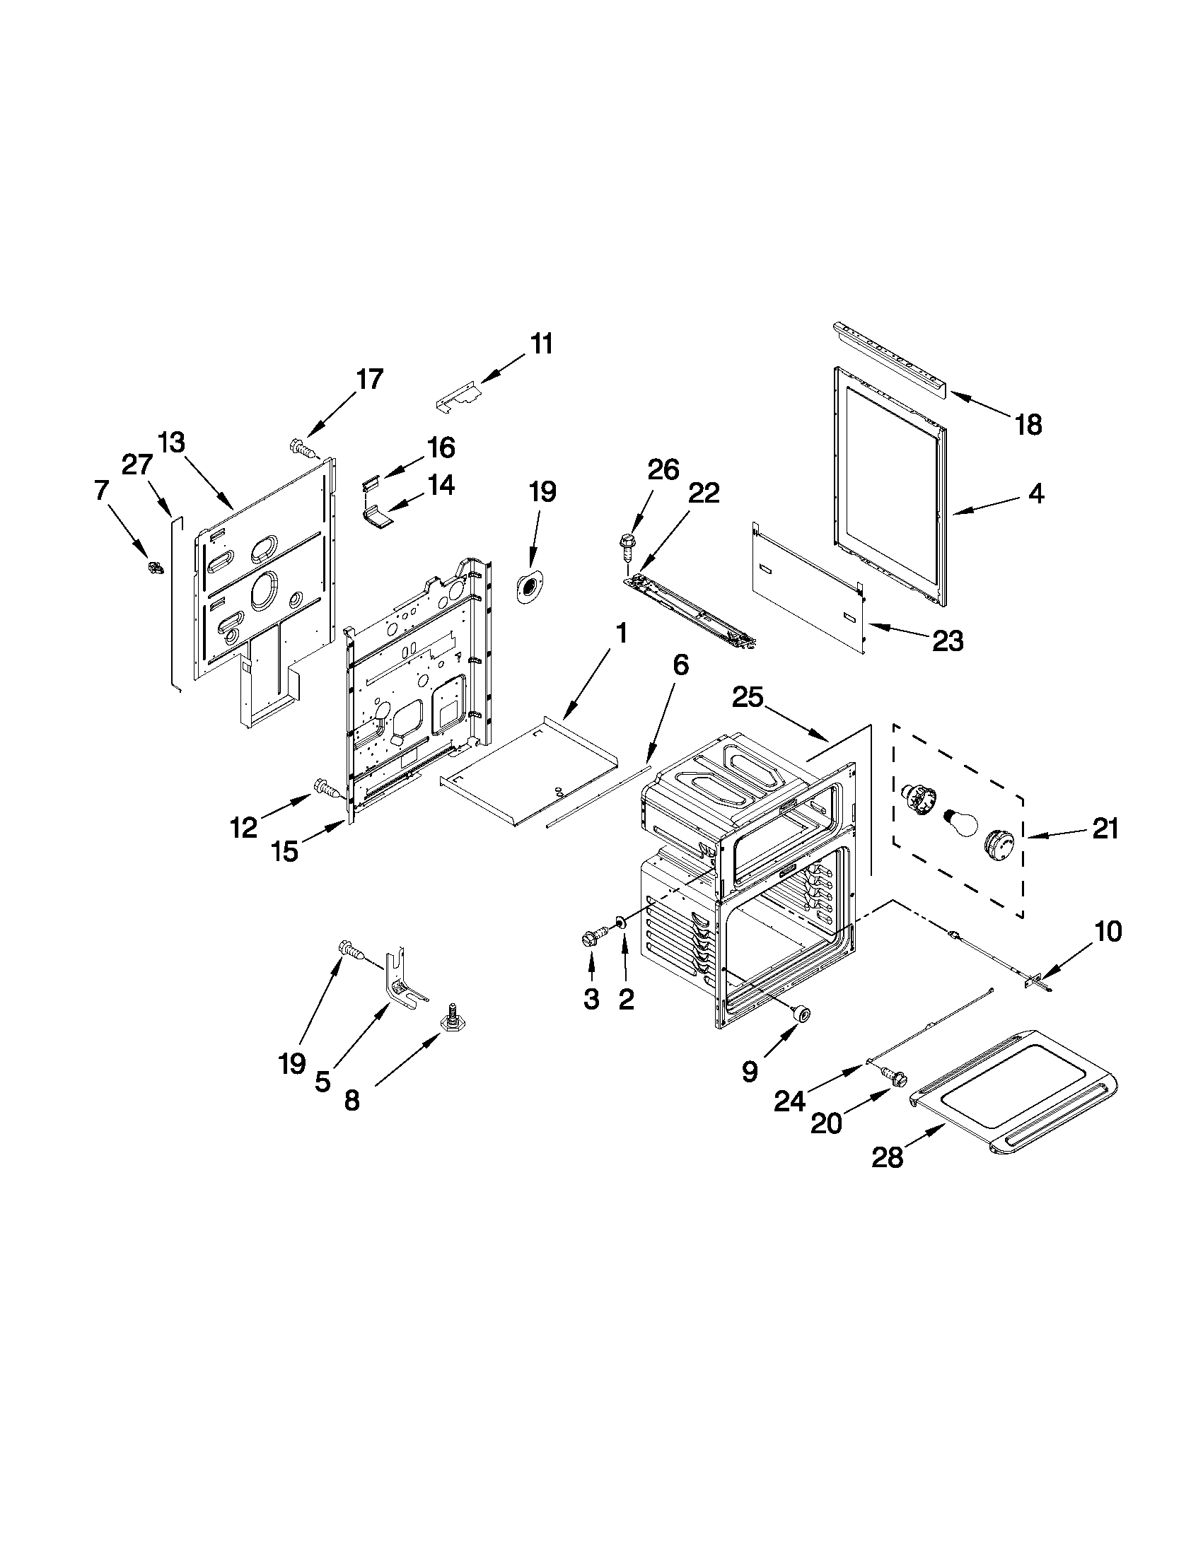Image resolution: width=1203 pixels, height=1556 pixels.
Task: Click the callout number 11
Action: click(x=542, y=344)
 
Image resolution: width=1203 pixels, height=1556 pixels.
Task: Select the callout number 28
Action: click(x=888, y=1158)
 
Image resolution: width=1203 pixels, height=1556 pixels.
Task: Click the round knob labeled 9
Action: click(x=803, y=1014)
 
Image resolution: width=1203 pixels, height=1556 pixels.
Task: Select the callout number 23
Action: click(x=947, y=641)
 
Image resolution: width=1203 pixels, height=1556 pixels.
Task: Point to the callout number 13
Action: click(x=171, y=443)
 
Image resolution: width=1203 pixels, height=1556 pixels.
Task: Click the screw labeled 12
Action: click(x=325, y=788)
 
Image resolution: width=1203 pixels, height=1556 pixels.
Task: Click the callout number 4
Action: click(x=1036, y=493)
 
